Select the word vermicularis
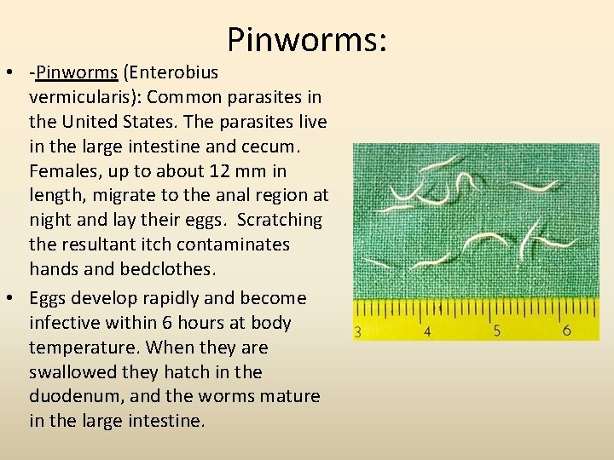pyautogui.click(x=77, y=96)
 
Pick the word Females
pyautogui.click(x=62, y=170)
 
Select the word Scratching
pyautogui.click(x=281, y=220)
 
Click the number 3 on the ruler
pyautogui.click(x=357, y=331)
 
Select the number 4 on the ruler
pyautogui.click(x=426, y=331)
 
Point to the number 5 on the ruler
pyautogui.click(x=496, y=331)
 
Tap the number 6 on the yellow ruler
pyautogui.click(x=566, y=330)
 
